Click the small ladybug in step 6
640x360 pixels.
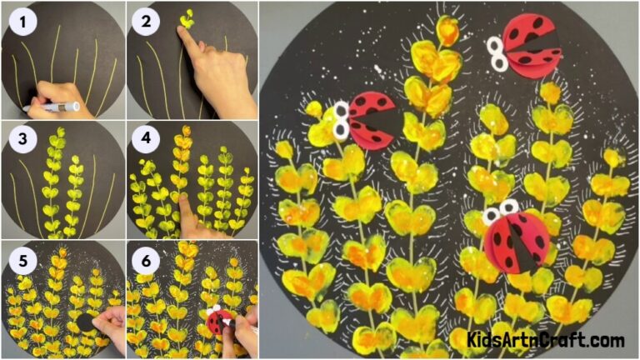tap(219, 322)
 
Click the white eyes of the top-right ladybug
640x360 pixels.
tap(497, 52)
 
